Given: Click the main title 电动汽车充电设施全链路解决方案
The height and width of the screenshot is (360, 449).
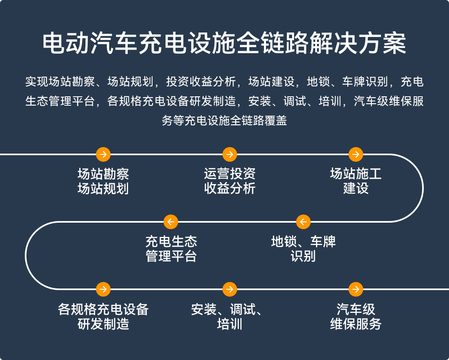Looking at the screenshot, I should coord(224,43).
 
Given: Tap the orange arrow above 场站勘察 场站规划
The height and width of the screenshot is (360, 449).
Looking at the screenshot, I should coord(103,154).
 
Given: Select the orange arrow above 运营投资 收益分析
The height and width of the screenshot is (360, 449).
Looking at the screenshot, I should coord(230,154).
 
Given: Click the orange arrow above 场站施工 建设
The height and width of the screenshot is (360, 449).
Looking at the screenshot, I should coord(356,154).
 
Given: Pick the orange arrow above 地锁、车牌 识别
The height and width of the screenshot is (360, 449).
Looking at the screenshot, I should coord(303,222).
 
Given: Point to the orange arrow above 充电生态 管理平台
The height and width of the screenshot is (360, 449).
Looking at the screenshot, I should coord(171,222).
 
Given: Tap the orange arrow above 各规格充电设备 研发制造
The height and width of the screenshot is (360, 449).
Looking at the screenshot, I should coord(103,289).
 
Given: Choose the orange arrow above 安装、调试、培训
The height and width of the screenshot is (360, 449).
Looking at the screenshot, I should coord(230,289).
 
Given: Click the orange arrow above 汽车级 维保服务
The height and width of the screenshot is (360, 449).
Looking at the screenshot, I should coord(356,289).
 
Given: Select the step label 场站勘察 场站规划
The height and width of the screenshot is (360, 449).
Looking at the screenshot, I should coord(103,181).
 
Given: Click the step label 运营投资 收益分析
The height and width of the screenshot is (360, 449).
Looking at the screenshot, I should coord(230,181).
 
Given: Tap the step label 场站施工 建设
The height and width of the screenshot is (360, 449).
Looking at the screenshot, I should coord(356,181).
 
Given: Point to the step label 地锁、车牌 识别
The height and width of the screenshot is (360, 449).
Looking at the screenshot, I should coord(303,249).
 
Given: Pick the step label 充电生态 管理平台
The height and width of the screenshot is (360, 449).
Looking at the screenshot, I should coord(171,249).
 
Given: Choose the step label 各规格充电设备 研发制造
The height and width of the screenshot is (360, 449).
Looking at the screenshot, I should coord(103,317).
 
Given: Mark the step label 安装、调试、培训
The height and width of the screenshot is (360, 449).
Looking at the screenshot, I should coord(230,317).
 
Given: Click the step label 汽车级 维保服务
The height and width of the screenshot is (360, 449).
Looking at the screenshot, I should coord(356,317).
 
